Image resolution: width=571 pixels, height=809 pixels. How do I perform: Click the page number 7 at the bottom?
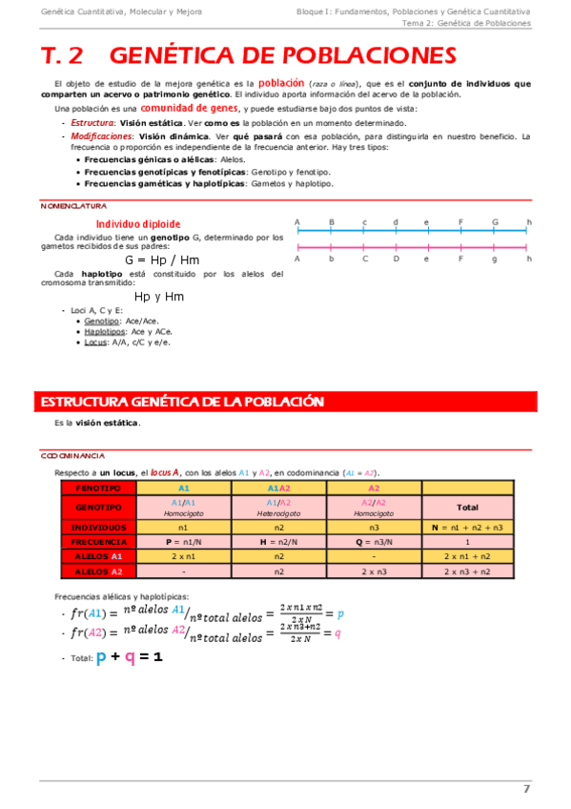point(526,788)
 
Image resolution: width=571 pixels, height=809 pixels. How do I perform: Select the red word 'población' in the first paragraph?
point(282,83)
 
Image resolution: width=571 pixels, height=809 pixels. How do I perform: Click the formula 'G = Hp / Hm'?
point(163,259)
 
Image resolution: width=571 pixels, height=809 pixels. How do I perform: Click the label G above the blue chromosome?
point(495,222)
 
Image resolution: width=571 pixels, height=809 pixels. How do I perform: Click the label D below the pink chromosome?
point(396,259)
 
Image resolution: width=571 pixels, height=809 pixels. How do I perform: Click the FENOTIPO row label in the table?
point(98,487)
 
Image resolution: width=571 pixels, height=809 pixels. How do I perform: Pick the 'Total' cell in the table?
point(467,507)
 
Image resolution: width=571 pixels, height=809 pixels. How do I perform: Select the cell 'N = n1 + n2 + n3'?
point(467,526)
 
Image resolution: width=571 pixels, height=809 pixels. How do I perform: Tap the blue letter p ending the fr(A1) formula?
point(340,615)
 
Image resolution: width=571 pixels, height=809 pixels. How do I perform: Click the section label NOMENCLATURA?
point(73,206)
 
